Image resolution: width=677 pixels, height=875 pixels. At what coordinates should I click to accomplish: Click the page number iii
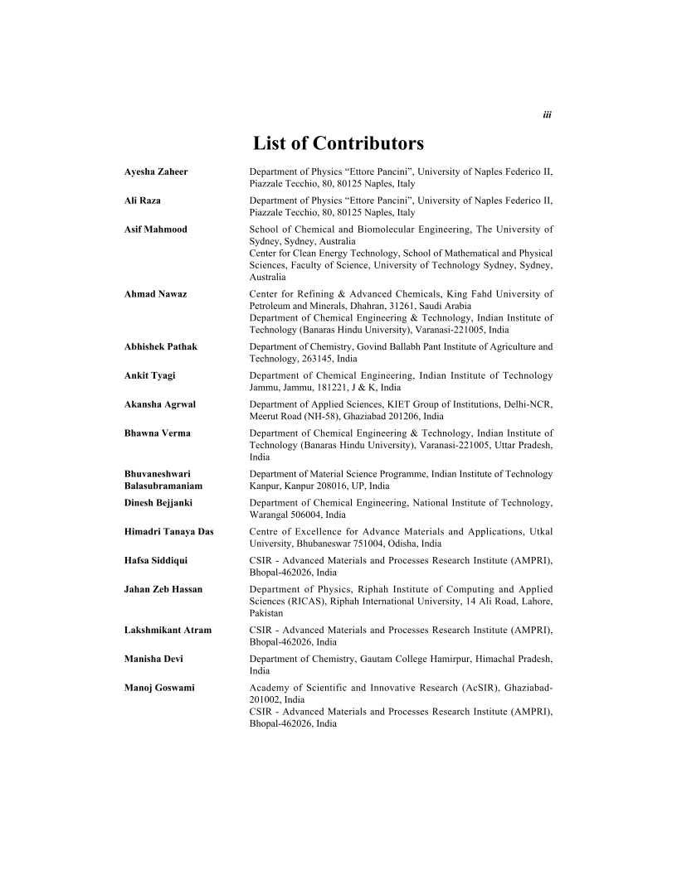tap(548, 115)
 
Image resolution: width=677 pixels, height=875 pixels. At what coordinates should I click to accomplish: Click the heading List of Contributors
tap(338, 143)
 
